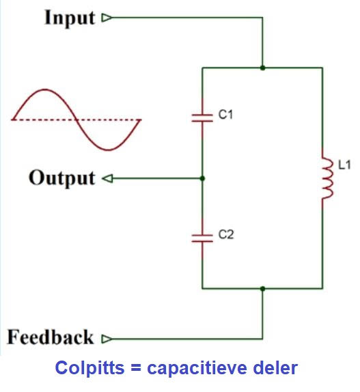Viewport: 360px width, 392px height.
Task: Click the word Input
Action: click(x=70, y=18)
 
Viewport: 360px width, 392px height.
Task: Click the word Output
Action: click(x=62, y=178)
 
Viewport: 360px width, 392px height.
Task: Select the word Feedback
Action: click(x=51, y=337)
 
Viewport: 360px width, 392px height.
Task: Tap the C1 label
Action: click(x=225, y=115)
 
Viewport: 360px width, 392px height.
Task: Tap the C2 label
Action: click(x=226, y=234)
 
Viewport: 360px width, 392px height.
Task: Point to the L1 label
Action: click(x=344, y=165)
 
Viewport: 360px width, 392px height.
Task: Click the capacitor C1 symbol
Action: click(x=202, y=118)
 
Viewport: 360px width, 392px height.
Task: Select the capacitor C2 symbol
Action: click(x=202, y=238)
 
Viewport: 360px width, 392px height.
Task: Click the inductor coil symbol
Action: click(x=327, y=178)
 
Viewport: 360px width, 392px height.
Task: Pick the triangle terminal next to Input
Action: click(x=107, y=18)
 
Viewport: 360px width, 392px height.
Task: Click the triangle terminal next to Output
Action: click(x=107, y=178)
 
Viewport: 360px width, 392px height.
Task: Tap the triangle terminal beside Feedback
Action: click(x=107, y=339)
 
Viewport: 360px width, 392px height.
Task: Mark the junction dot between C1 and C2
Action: click(x=202, y=178)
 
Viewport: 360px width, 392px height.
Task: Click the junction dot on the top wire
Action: click(x=262, y=68)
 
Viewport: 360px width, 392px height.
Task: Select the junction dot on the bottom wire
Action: click(x=262, y=289)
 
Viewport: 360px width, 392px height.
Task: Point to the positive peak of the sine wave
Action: click(x=45, y=89)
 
